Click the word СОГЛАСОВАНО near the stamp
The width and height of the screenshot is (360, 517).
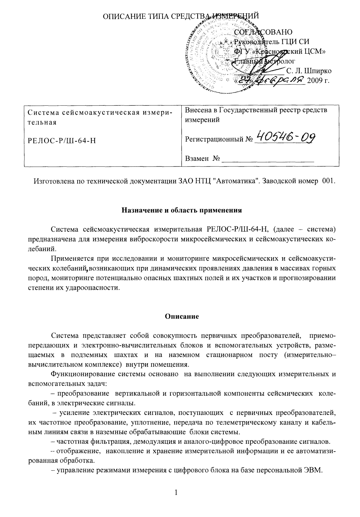pyautogui.click(x=263, y=32)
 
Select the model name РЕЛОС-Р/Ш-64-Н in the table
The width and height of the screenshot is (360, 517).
pyautogui.click(x=61, y=141)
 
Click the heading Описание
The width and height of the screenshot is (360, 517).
pyautogui.click(x=182, y=316)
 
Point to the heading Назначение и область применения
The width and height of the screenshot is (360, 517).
pyautogui.click(x=182, y=210)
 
